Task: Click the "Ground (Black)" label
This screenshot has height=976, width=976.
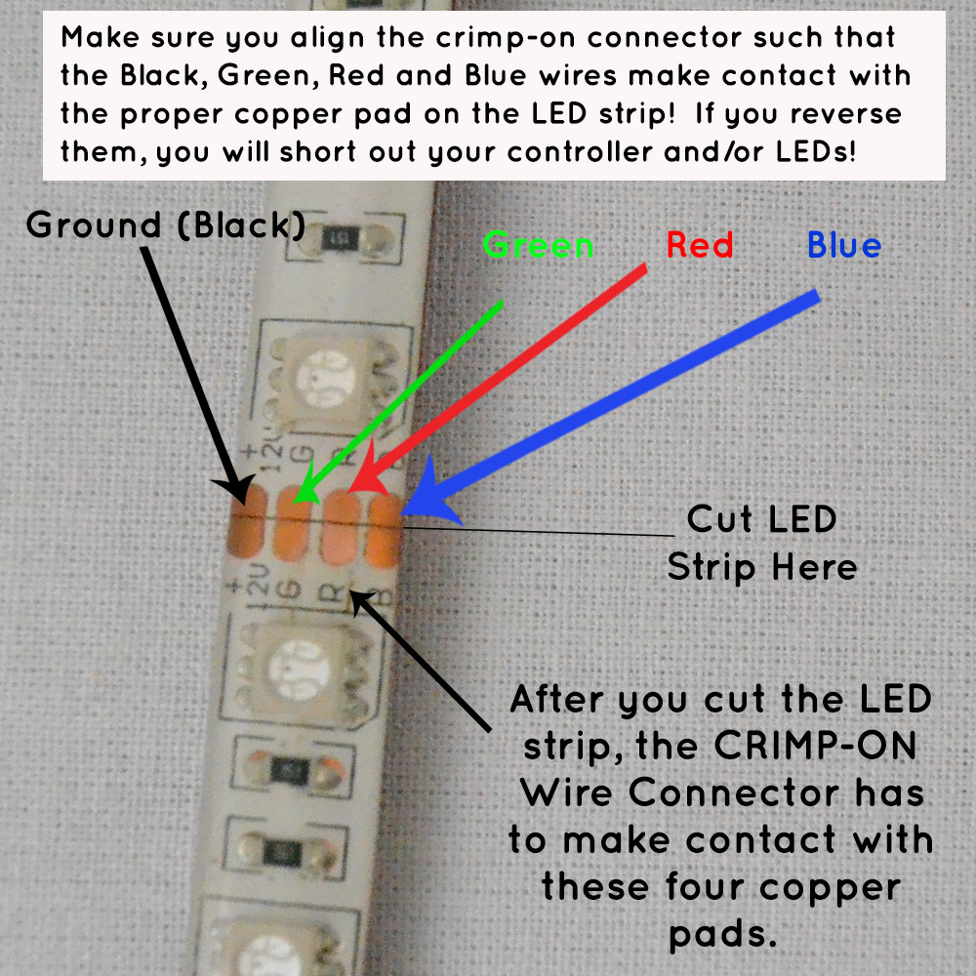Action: point(165,225)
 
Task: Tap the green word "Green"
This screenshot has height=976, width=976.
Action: point(538,244)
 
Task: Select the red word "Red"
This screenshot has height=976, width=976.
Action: point(700,245)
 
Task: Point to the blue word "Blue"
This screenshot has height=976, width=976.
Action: point(844,245)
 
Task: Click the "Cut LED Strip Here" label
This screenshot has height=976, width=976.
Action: point(761,543)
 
